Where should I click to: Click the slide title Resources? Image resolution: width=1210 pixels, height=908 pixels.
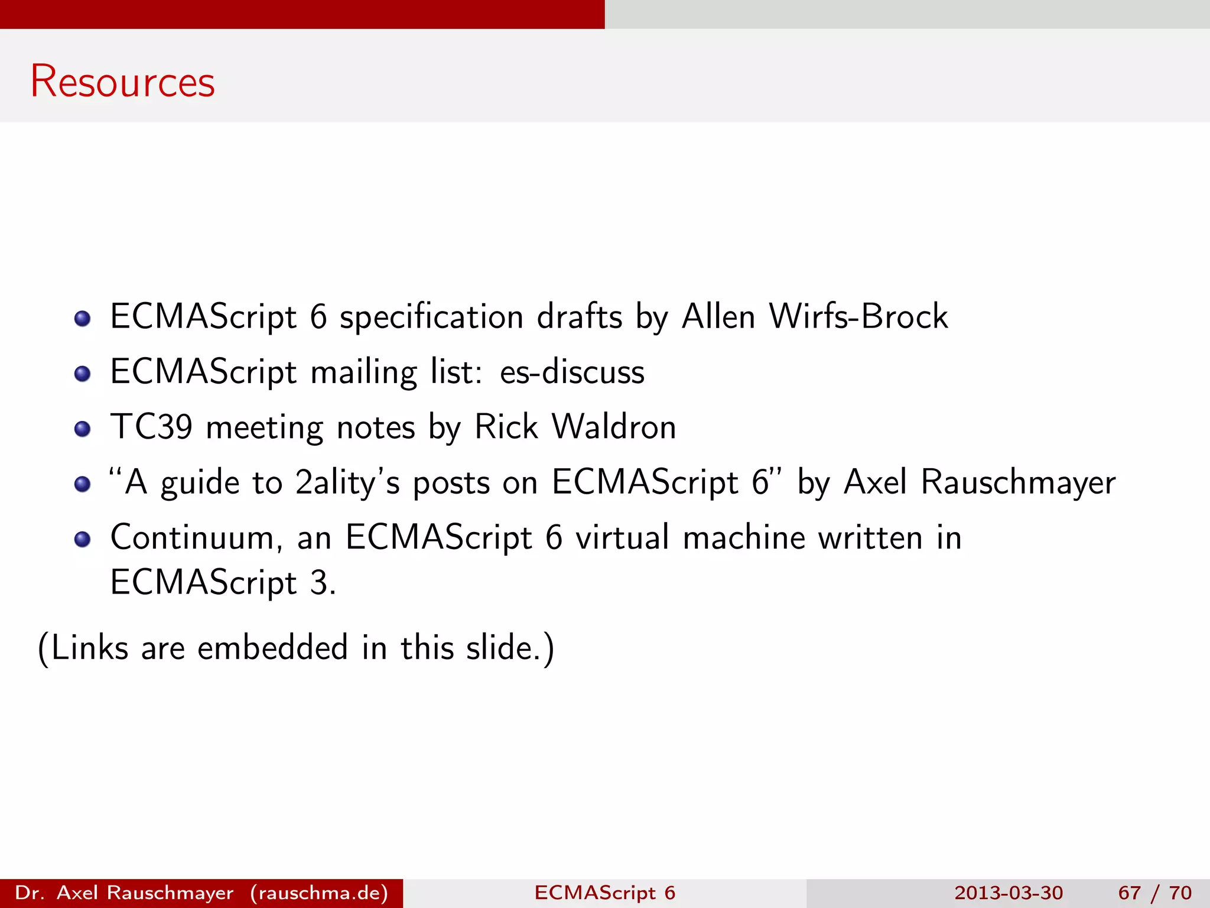pyautogui.click(x=123, y=81)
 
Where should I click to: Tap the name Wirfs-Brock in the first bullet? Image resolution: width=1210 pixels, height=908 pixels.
pyautogui.click(x=858, y=316)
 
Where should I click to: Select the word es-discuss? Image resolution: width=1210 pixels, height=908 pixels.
pyautogui.click(x=572, y=372)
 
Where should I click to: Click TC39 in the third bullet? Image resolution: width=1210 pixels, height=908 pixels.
pyautogui.click(x=151, y=427)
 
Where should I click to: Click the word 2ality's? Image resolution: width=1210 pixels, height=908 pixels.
pyautogui.click(x=347, y=482)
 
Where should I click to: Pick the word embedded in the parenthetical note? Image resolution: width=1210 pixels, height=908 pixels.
pyautogui.click(x=272, y=648)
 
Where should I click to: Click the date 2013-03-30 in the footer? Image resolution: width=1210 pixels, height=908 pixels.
pyautogui.click(x=1009, y=893)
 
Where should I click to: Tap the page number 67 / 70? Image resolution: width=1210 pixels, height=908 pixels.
pyautogui.click(x=1154, y=893)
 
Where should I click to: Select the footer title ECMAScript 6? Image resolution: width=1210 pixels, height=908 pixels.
pyautogui.click(x=604, y=893)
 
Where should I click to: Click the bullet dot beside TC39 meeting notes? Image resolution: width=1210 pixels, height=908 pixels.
pyautogui.click(x=83, y=429)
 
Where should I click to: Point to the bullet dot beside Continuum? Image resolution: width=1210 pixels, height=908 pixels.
pyautogui.click(x=83, y=540)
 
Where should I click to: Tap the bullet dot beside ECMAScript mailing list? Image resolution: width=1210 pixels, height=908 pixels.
pyautogui.click(x=83, y=374)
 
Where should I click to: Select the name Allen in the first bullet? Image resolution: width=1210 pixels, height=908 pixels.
pyautogui.click(x=718, y=316)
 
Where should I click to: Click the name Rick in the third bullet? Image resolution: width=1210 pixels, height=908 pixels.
pyautogui.click(x=506, y=427)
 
